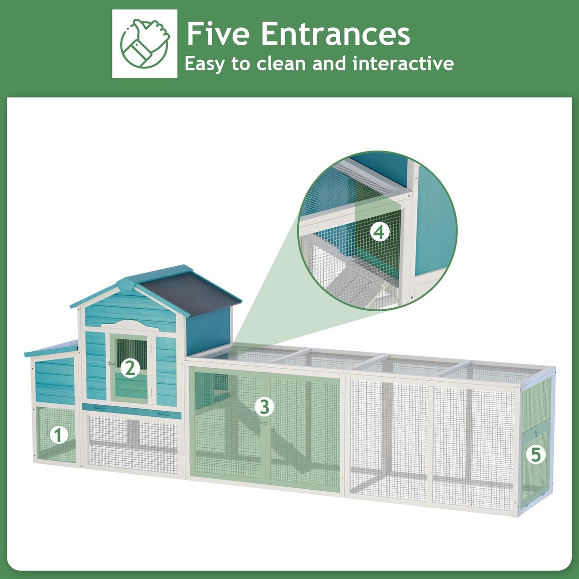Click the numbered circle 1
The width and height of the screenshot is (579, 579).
(x=59, y=435)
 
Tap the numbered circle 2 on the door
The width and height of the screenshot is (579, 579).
(x=130, y=368)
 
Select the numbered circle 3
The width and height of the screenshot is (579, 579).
(x=264, y=407)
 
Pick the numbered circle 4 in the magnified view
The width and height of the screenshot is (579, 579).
(x=380, y=232)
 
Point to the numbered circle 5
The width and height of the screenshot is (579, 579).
(x=536, y=455)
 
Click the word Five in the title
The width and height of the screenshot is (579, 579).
(x=218, y=34)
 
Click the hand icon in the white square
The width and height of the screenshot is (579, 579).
(x=145, y=44)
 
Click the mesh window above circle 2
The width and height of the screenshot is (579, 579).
(x=131, y=354)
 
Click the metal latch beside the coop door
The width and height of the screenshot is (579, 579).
(x=111, y=364)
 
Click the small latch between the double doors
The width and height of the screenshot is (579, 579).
(x=264, y=423)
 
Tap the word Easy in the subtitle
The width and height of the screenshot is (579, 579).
(x=205, y=64)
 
